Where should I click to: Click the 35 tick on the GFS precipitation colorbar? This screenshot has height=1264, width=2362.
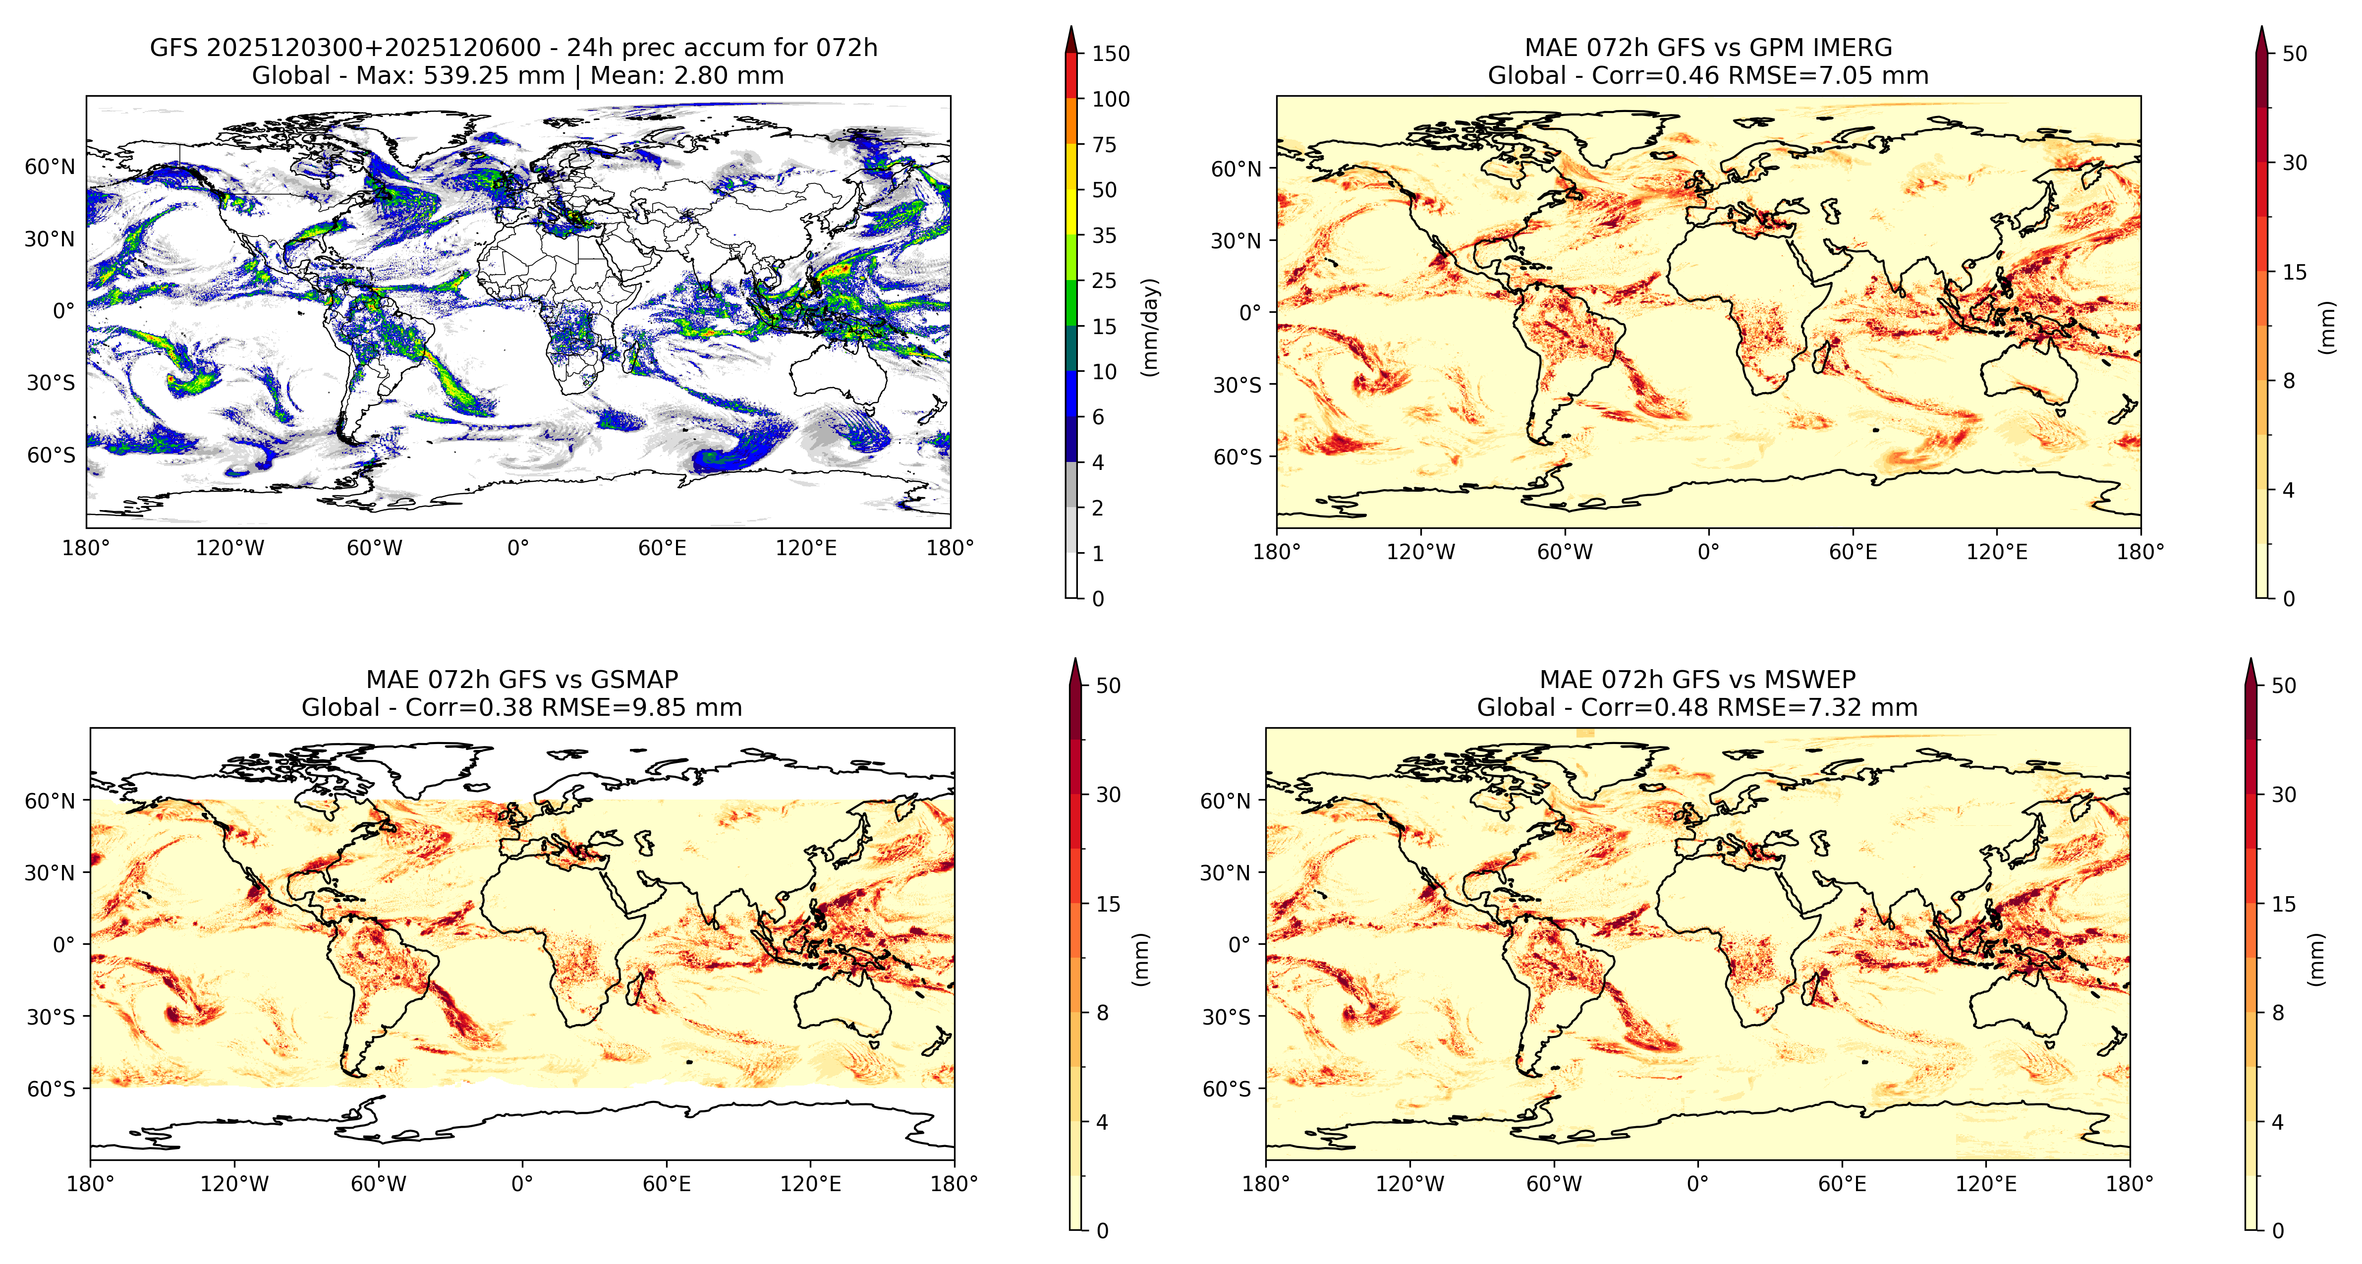(1104, 236)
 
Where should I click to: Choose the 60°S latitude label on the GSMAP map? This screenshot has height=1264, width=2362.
(52, 1089)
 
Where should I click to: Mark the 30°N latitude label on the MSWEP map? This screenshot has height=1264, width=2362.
(1225, 872)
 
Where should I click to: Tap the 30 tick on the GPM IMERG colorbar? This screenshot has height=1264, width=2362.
(2294, 163)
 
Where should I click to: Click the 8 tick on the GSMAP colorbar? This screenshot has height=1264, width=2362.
(1102, 1013)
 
